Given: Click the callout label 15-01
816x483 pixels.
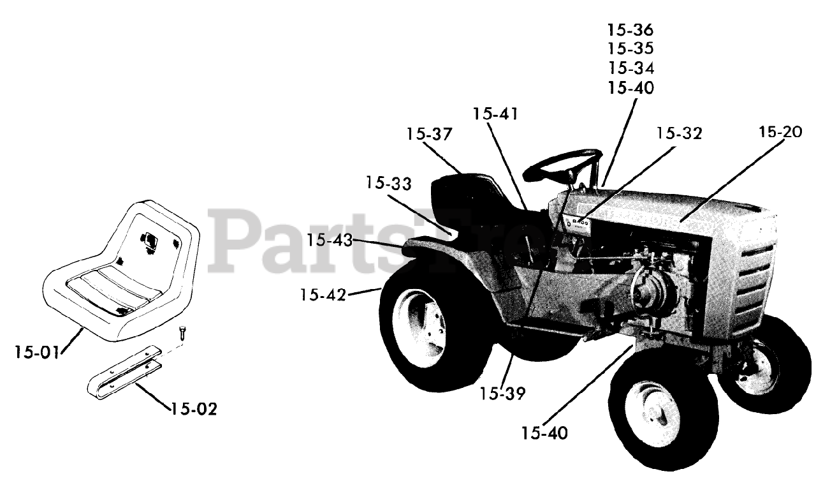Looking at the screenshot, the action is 37,352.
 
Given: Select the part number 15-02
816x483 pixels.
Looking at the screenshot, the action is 194,408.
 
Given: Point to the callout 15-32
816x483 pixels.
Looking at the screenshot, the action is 679,133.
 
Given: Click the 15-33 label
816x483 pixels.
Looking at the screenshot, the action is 389,183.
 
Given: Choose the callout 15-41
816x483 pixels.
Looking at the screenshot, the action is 495,114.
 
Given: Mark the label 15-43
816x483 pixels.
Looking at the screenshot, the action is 328,241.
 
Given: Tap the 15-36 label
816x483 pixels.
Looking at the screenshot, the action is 630,29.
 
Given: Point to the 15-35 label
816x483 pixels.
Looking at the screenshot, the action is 630,48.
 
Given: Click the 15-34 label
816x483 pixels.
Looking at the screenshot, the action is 630,68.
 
